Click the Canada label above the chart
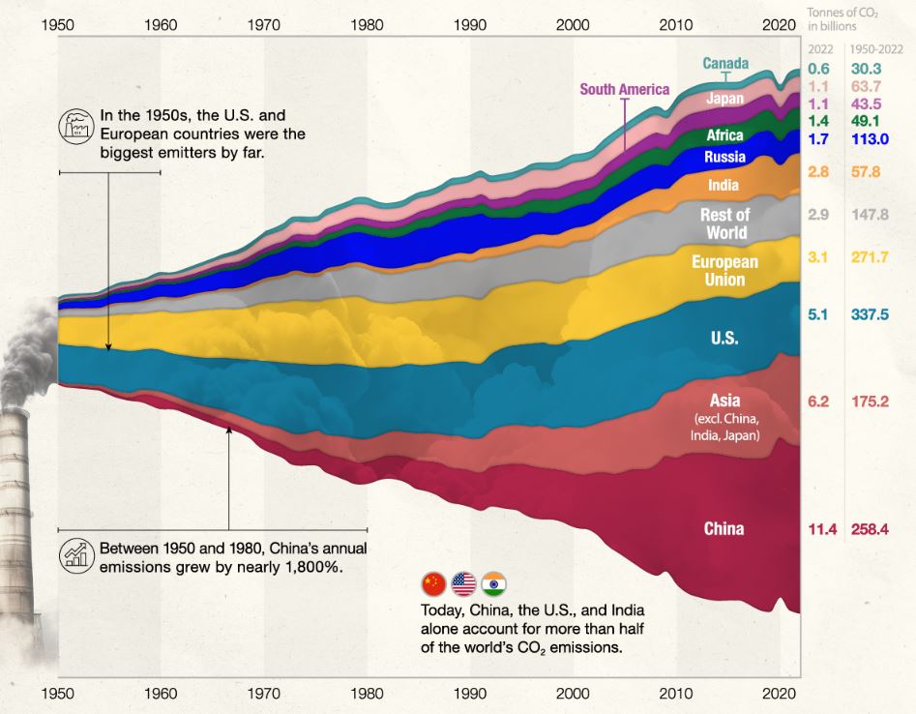725,63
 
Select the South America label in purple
625,89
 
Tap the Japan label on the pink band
725,98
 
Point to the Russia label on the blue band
725,157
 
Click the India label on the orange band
724,185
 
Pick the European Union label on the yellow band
725,271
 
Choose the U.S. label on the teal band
724,338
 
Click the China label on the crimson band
724,529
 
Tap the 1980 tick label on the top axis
367,25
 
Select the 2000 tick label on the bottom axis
573,694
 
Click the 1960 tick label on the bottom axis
161,694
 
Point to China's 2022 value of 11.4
822,529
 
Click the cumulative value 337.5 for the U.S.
870,314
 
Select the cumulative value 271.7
870,257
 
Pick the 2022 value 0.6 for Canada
818,69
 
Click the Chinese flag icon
433,584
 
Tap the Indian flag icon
494,584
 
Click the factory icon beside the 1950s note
76,126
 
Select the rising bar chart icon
76,555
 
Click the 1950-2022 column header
876,49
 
